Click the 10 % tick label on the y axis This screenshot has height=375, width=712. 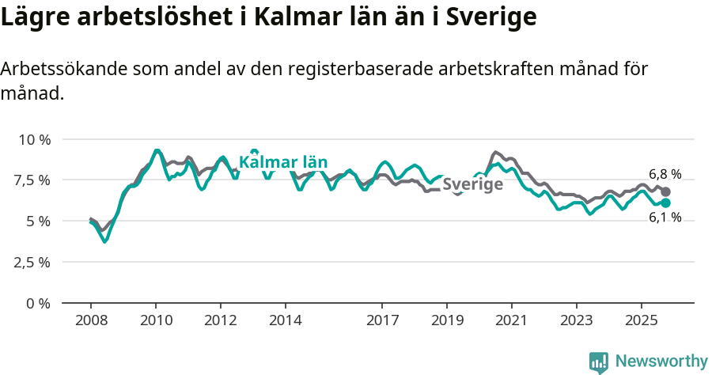(x=34, y=139)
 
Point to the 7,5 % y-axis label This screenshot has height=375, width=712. (x=34, y=180)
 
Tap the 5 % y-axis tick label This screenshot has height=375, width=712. (x=39, y=222)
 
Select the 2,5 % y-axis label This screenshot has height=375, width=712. (x=34, y=262)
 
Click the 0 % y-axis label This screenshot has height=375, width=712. (x=39, y=303)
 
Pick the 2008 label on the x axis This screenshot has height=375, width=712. (x=91, y=320)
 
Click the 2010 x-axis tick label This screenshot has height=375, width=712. (x=156, y=320)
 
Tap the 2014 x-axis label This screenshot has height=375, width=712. (x=286, y=320)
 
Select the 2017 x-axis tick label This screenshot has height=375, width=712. (x=382, y=320)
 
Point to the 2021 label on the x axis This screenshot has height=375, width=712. (x=512, y=320)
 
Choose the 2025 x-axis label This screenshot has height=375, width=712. (x=642, y=320)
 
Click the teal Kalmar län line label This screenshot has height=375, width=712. (x=283, y=163)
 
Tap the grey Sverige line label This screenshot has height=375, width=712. (x=472, y=185)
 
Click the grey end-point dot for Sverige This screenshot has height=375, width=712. (x=666, y=191)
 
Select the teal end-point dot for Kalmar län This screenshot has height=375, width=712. (x=666, y=203)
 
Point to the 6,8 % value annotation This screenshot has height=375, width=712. (x=665, y=174)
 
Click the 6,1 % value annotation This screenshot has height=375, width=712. (x=665, y=218)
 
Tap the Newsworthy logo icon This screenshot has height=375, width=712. (x=599, y=362)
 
